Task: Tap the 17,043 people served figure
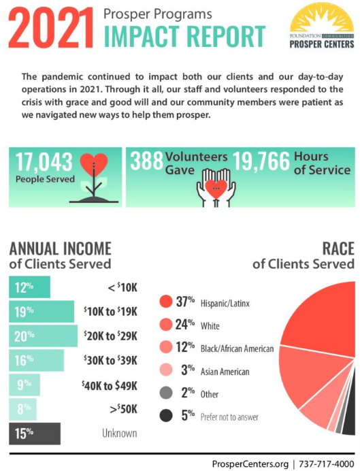point(42,162)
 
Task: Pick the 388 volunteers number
point(145,162)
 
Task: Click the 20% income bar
point(43,336)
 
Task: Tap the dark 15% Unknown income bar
point(35,432)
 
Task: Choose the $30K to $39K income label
point(110,360)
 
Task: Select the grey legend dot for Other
point(165,393)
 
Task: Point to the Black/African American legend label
point(236,348)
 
